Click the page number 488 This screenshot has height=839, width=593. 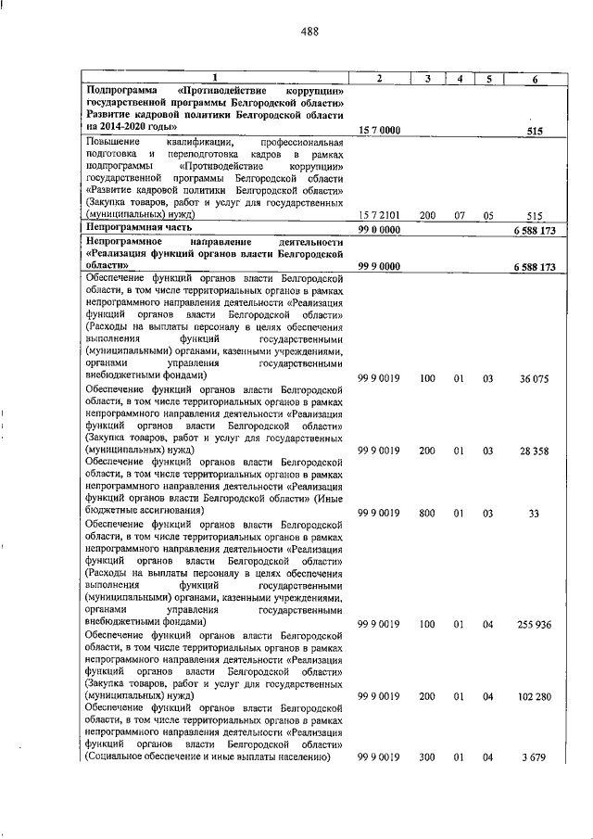tap(309, 32)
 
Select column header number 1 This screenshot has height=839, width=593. tap(214, 78)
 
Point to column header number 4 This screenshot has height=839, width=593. tap(459, 78)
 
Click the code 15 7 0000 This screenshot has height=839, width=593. tap(379, 132)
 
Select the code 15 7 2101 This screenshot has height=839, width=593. tap(379, 215)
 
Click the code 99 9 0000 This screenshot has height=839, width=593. tap(379, 266)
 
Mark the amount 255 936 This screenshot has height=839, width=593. tap(536, 624)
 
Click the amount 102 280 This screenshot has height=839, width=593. tap(536, 696)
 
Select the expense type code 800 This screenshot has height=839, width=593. tap(427, 512)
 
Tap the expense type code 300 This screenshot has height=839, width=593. tap(427, 757)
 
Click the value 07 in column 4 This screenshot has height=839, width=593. tap(459, 215)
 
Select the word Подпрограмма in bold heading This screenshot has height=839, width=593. tap(121, 91)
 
